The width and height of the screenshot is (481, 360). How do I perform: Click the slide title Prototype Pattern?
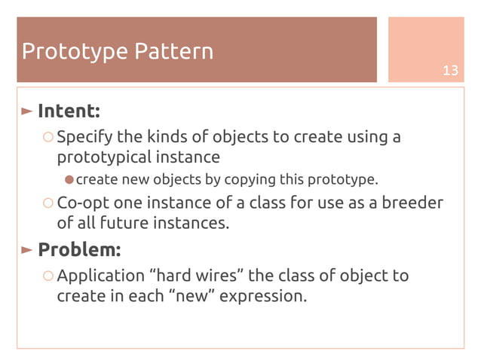[118, 51]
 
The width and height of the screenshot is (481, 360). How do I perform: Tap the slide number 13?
[450, 71]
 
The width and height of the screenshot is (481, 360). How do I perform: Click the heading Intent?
[69, 111]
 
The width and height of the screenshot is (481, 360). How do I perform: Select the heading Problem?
[79, 249]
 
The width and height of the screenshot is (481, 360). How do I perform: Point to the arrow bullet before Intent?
[27, 111]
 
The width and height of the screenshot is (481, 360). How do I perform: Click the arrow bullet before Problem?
[27, 249]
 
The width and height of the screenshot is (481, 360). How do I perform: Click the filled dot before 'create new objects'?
[69, 179]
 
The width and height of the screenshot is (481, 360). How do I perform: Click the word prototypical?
[103, 158]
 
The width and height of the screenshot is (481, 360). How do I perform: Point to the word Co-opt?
[82, 203]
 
